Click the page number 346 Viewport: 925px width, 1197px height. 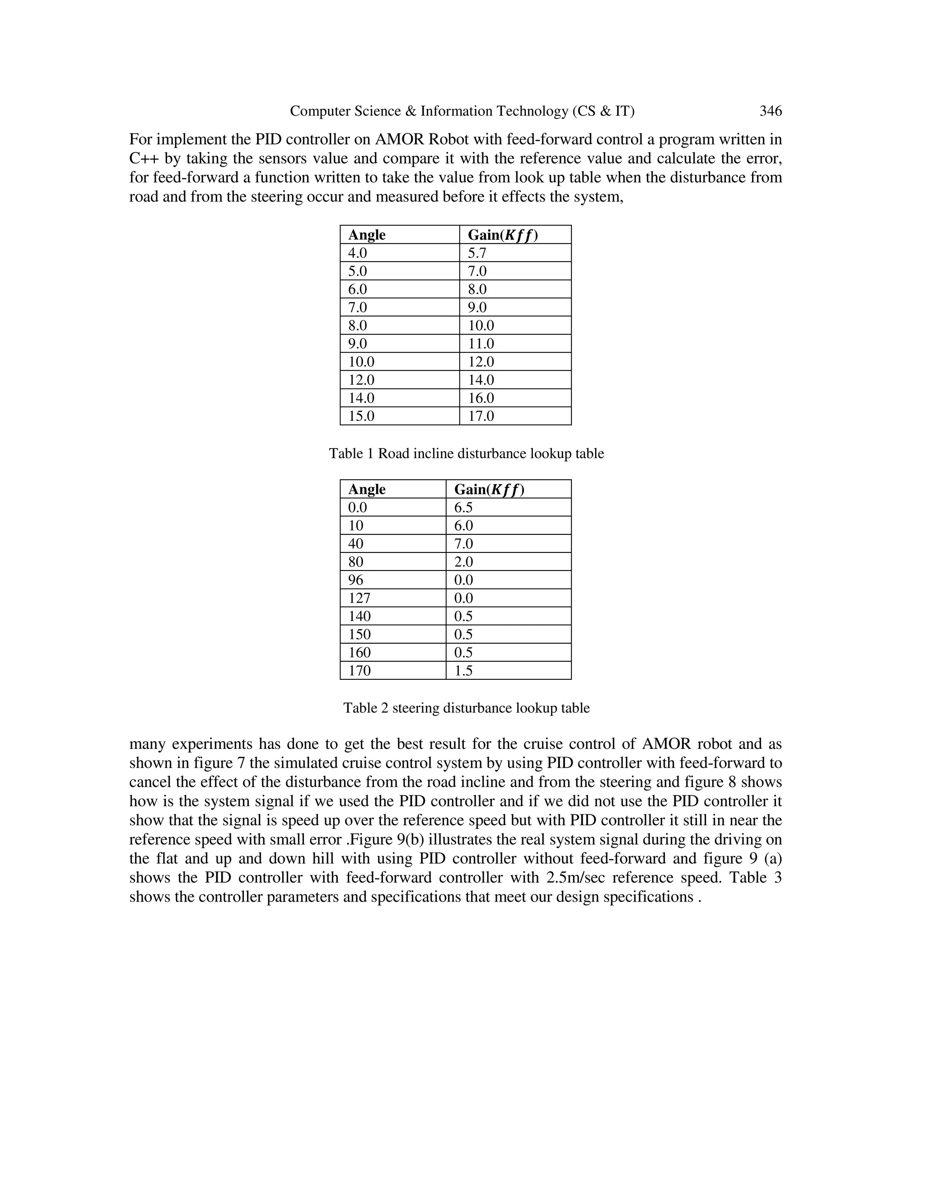click(x=770, y=111)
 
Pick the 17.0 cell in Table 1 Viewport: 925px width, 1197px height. click(x=481, y=416)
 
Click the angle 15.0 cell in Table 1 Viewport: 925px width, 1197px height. click(x=361, y=416)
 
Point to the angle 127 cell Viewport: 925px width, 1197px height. click(x=359, y=598)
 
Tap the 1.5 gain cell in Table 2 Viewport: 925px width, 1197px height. click(x=463, y=670)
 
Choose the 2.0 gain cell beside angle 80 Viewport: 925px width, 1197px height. click(x=463, y=562)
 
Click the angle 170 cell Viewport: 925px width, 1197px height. click(x=360, y=670)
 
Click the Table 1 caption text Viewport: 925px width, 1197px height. click(x=466, y=454)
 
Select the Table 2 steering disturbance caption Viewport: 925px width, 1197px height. click(x=466, y=708)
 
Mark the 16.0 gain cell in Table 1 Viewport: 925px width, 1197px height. click(x=481, y=398)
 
